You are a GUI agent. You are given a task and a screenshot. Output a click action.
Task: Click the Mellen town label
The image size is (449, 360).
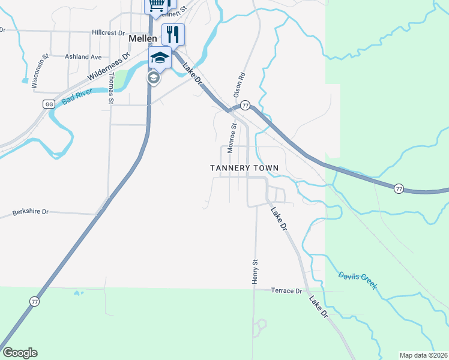coord(143,38)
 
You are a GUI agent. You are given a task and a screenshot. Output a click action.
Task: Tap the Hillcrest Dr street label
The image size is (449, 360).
coord(109,33)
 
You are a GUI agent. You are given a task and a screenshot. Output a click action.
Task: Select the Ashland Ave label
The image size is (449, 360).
coord(83,57)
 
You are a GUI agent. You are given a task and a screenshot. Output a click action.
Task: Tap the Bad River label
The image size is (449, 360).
coord(76,96)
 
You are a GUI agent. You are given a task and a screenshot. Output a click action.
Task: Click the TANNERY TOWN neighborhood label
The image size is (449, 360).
coord(244,168)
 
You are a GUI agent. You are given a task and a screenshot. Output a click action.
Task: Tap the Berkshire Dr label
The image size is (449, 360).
coord(31,213)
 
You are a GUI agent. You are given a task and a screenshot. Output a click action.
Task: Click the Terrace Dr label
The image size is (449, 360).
coord(286,290)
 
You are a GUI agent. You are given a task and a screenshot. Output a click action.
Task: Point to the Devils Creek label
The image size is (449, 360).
coord(358,280)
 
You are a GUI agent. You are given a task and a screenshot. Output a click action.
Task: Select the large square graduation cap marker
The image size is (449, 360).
coord(160,58)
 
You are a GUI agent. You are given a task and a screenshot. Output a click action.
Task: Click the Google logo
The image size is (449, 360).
coord(20,353)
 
